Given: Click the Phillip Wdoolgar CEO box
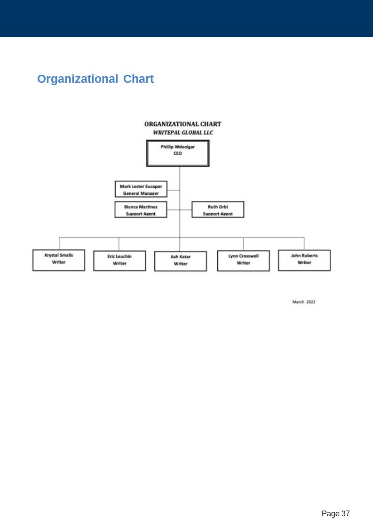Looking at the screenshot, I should pyautogui.click(x=178, y=153).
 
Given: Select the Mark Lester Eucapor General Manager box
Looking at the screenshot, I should pyautogui.click(x=141, y=189).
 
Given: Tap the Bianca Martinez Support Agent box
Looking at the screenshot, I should pyautogui.click(x=141, y=209).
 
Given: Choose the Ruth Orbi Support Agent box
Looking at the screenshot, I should pyautogui.click(x=218, y=209).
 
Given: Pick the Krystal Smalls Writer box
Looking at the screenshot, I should pyautogui.click(x=59, y=260).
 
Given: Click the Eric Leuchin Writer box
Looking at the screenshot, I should pyautogui.click(x=119, y=261).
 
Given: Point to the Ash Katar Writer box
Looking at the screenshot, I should pyautogui.click(x=181, y=261).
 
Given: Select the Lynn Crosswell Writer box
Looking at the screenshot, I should pyautogui.click(x=243, y=261).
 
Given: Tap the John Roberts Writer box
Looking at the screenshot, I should pyautogui.click(x=304, y=260).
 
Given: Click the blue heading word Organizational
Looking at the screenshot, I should pyautogui.click(x=78, y=79).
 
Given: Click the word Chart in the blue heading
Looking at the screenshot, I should pyautogui.click(x=139, y=79).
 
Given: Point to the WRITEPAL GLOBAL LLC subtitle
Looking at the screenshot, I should pyautogui.click(x=183, y=133).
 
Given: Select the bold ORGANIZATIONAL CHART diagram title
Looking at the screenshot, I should pyautogui.click(x=183, y=124).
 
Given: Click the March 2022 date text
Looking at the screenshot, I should pyautogui.click(x=304, y=302).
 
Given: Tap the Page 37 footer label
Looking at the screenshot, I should pyautogui.click(x=335, y=513).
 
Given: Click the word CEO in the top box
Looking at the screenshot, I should pyautogui.click(x=178, y=153).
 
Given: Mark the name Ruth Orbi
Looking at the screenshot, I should pyautogui.click(x=218, y=207).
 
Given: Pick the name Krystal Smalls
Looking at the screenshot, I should pyautogui.click(x=59, y=256).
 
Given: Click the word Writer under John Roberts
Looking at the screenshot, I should pyautogui.click(x=304, y=263).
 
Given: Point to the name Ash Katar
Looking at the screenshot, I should pyautogui.click(x=181, y=257).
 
